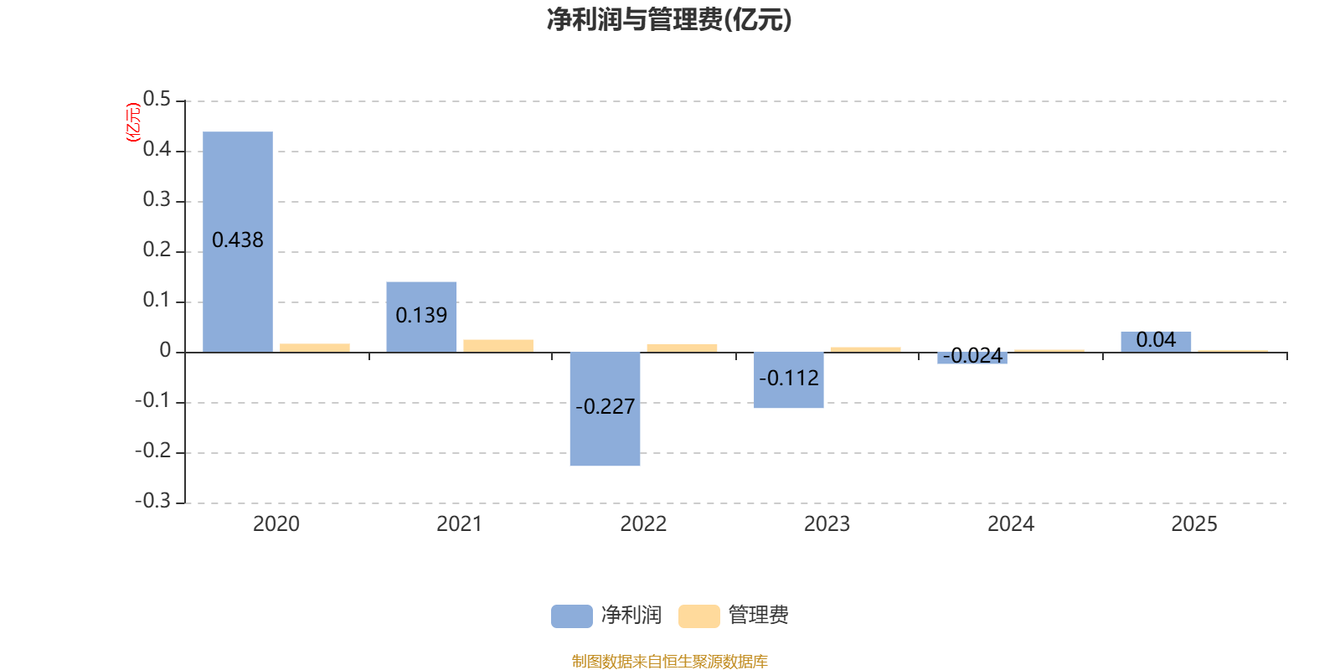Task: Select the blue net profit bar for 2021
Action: click(x=421, y=293)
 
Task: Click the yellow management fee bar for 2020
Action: click(x=315, y=348)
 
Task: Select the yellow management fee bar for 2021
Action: click(x=498, y=345)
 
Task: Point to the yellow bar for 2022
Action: click(x=682, y=348)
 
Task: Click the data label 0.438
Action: click(x=238, y=240)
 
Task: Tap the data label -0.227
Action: click(x=605, y=407)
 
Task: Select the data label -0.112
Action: click(x=789, y=379)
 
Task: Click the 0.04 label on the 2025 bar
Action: click(x=1156, y=340)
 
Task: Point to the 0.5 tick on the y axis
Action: click(x=157, y=100)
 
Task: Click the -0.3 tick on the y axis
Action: click(x=152, y=501)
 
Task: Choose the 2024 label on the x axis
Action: click(x=1011, y=524)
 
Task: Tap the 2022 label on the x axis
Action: click(x=643, y=524)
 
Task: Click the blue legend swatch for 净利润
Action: click(x=571, y=616)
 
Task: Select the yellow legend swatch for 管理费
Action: click(x=698, y=616)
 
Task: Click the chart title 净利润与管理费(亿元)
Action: click(x=669, y=19)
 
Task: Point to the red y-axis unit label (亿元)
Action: click(x=132, y=122)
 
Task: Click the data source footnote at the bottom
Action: click(x=669, y=662)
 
